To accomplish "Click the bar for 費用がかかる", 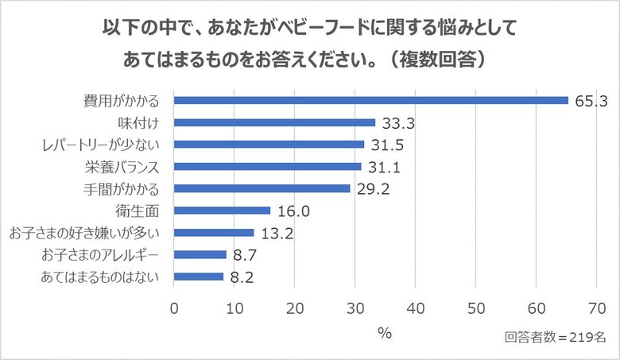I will click(x=371, y=101).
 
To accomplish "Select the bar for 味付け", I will click(x=274, y=123).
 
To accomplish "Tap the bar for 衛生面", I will click(x=222, y=211).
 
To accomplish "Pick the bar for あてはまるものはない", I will click(x=199, y=277).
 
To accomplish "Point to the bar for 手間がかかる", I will click(x=262, y=188).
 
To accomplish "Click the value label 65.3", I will click(x=591, y=101).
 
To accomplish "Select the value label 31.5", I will click(x=387, y=145).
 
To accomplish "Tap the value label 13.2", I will click(x=277, y=233).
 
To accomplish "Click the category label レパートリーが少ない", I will click(x=102, y=145).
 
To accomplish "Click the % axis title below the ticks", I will click(x=385, y=334).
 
